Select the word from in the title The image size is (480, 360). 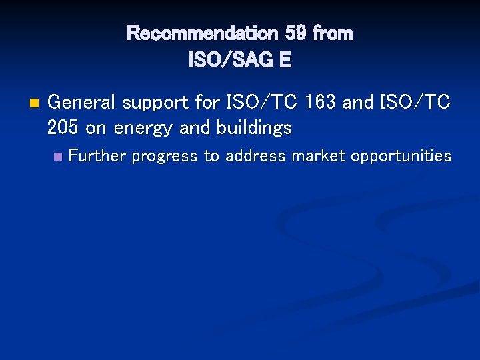click(332, 33)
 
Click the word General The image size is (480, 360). click(80, 103)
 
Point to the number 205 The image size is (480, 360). click(63, 127)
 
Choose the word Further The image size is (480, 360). click(98, 156)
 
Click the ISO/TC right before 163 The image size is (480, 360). click(263, 103)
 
